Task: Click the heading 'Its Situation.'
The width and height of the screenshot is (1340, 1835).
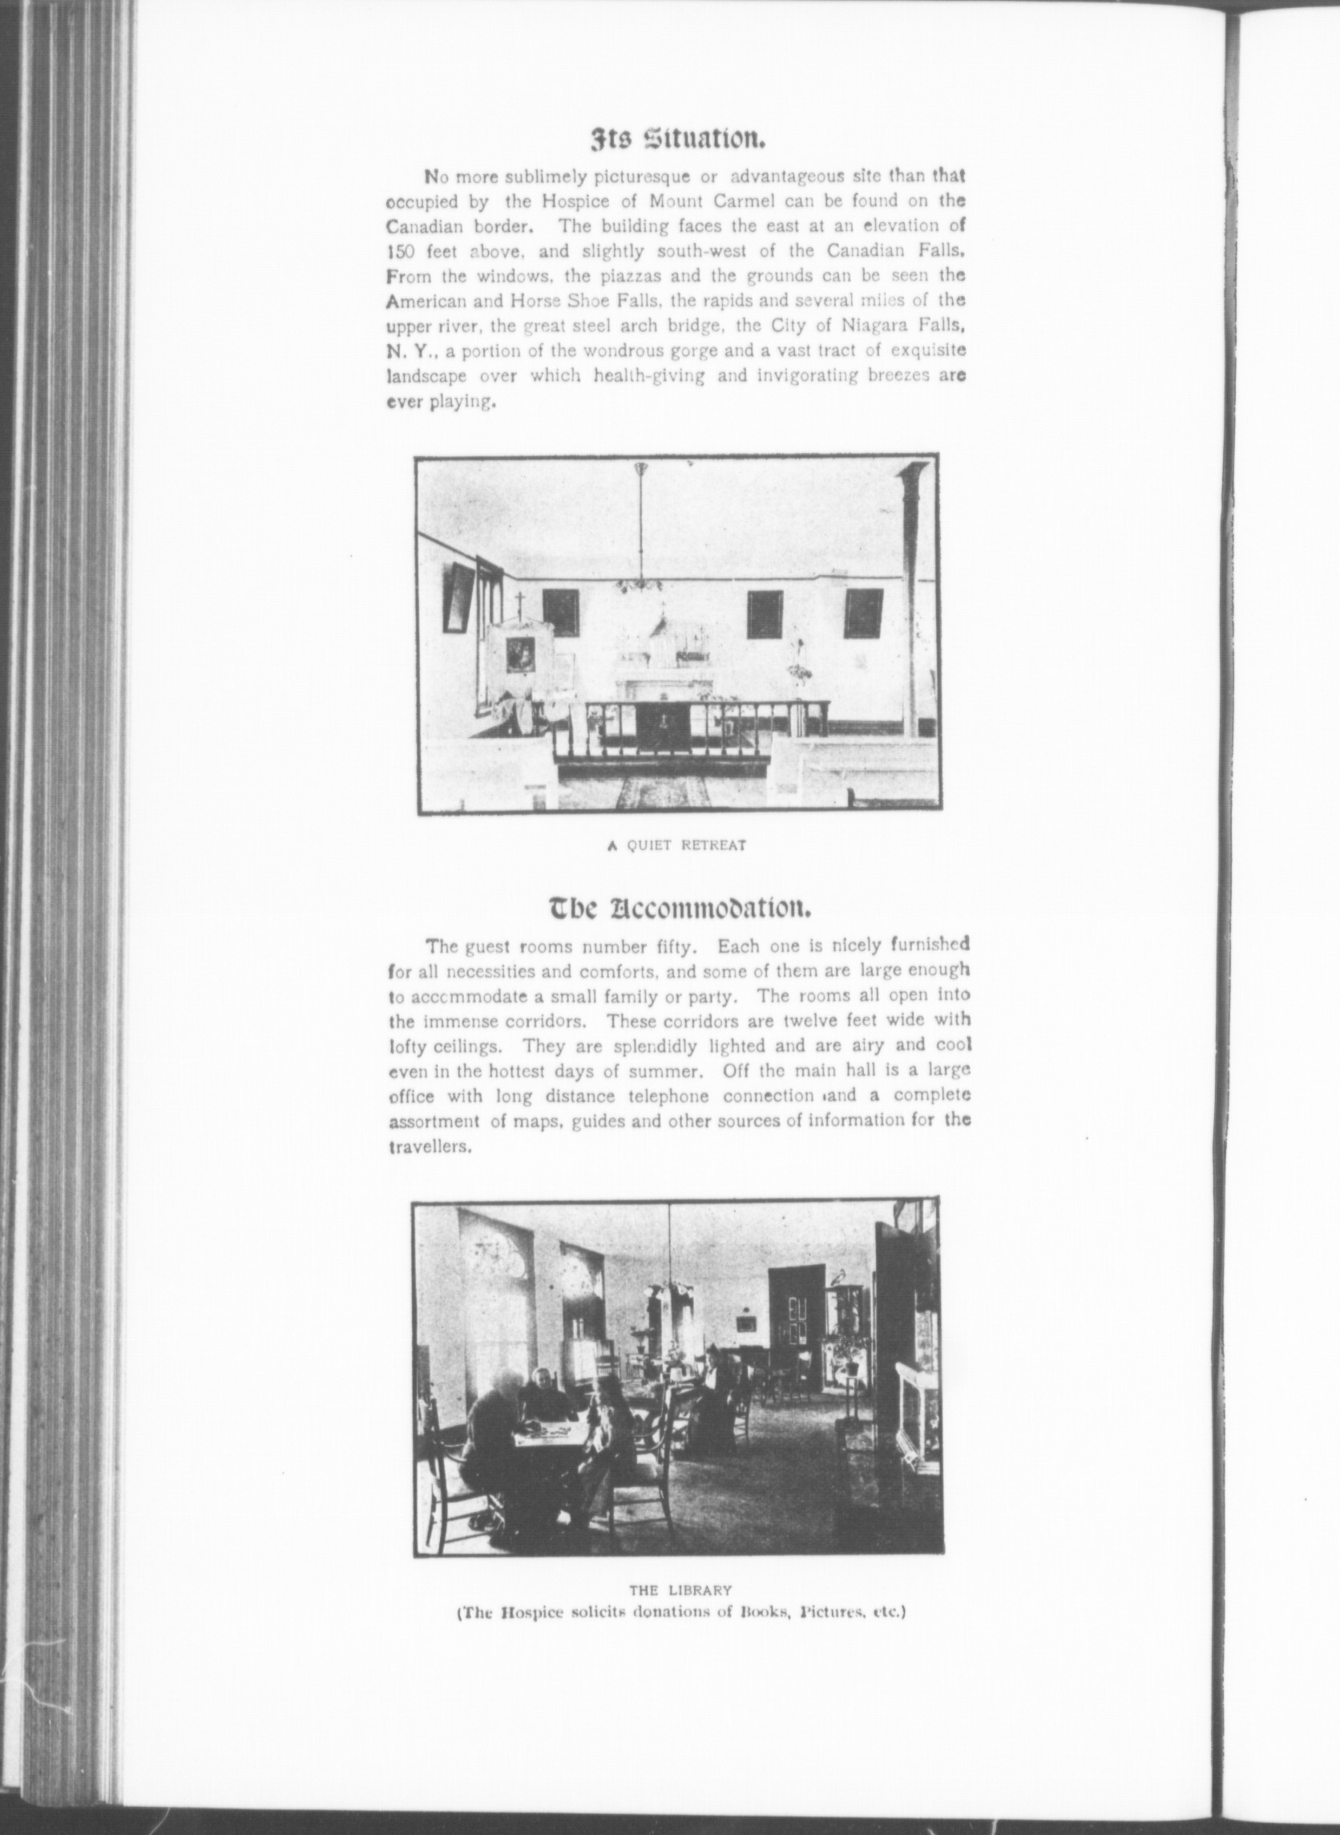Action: pos(676,140)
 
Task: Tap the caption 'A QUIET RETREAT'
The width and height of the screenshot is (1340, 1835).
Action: pos(676,845)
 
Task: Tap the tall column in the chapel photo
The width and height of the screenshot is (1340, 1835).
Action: pos(912,601)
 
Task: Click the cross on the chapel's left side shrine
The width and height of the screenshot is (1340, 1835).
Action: pos(519,603)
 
